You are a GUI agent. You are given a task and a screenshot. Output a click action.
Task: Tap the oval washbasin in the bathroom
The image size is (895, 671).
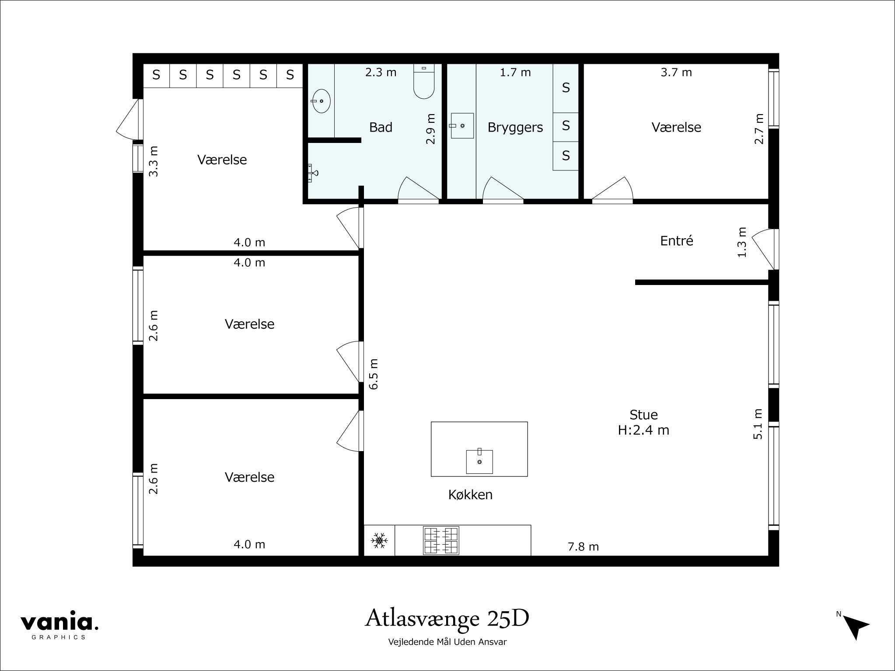(321, 101)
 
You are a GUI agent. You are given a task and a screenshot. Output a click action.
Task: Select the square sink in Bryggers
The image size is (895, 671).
(462, 125)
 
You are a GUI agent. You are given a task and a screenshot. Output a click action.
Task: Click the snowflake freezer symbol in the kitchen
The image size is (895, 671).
(379, 541)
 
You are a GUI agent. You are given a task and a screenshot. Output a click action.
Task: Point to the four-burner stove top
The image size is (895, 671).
(441, 541)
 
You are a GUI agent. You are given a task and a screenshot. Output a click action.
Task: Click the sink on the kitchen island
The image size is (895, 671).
(479, 461)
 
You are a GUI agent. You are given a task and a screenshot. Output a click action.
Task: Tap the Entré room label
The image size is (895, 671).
(676, 241)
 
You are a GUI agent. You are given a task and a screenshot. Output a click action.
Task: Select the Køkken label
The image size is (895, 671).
(470, 495)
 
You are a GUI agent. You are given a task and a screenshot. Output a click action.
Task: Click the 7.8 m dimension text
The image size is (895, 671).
(583, 546)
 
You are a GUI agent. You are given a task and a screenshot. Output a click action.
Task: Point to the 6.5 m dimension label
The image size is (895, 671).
(373, 374)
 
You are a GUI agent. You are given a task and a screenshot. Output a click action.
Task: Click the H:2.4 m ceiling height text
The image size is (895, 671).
(643, 430)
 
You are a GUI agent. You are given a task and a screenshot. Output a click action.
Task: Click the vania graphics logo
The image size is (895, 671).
(59, 624)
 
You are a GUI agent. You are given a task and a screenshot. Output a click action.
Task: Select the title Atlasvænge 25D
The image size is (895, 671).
(447, 618)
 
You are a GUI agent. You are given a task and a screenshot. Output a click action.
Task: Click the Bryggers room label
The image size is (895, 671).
(515, 128)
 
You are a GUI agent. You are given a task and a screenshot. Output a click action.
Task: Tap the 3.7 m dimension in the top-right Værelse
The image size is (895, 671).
(676, 73)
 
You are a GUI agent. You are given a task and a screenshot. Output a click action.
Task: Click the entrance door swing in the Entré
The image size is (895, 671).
(763, 249)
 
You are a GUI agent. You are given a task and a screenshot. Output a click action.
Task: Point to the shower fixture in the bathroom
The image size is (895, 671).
(313, 173)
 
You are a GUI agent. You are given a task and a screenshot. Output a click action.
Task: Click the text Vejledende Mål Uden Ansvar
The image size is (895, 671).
(447, 642)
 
